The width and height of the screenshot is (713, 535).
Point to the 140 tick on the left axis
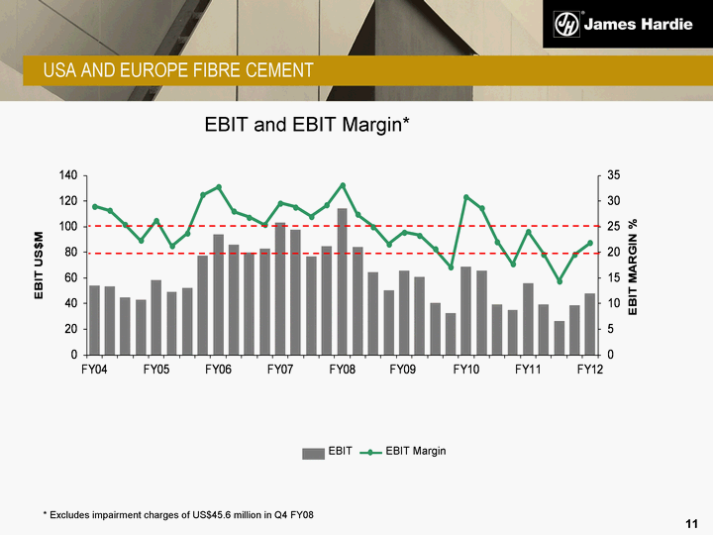pos(67,175)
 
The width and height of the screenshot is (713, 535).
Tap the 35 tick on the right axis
pos(614,175)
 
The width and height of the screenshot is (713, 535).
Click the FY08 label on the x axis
pos(342,370)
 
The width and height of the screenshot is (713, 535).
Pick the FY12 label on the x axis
pos(589,370)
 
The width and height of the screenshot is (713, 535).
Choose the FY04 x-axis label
pos(94,370)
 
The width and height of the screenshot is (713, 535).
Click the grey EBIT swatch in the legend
pos(313,452)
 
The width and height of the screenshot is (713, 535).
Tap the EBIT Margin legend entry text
pos(416,452)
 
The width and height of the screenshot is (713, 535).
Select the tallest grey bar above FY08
pos(342,281)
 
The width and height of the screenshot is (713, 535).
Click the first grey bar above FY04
pos(94,320)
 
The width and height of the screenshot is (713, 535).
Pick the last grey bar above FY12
pos(589,324)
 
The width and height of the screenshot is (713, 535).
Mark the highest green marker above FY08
pos(342,185)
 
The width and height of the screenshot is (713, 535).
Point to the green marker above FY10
pos(466,197)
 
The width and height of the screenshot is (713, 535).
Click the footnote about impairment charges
pos(178,516)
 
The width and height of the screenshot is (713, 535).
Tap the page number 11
pos(692,522)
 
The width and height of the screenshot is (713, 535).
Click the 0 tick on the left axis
pos(74,355)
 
